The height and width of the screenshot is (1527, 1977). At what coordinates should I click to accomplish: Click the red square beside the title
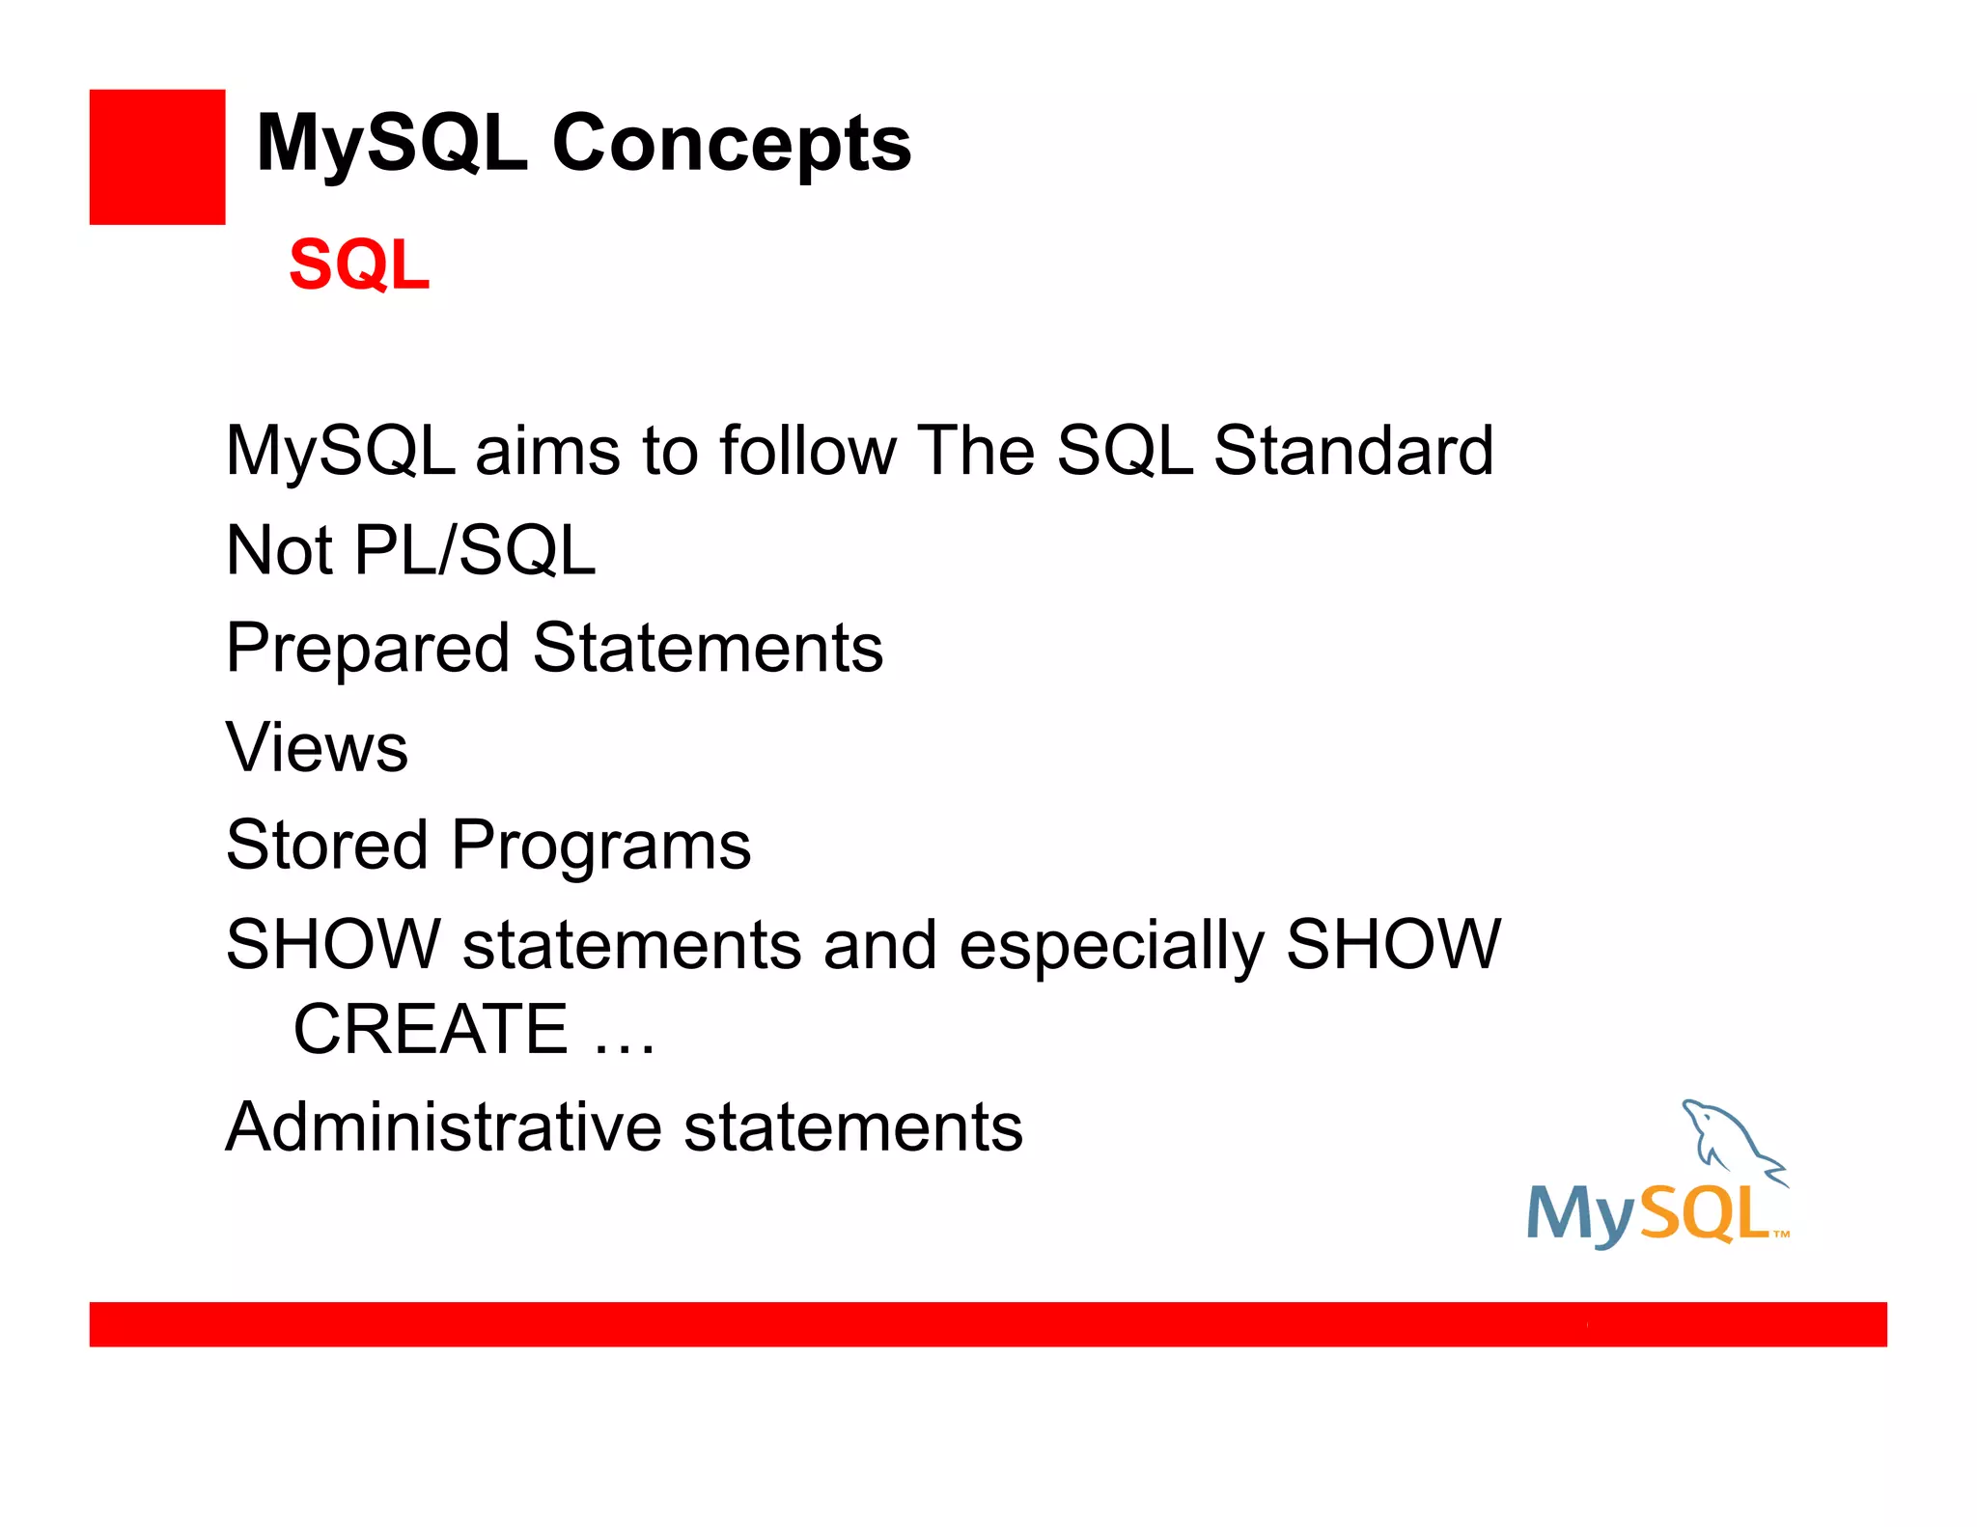tap(157, 157)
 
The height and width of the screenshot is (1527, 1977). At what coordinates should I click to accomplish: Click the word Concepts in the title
tap(731, 144)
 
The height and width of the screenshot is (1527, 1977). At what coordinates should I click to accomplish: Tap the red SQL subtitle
tap(359, 264)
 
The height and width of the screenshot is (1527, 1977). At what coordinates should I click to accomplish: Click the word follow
tap(807, 451)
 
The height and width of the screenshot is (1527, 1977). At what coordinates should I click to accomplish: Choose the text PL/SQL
tap(475, 550)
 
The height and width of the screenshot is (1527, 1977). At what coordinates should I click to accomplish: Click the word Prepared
tap(367, 649)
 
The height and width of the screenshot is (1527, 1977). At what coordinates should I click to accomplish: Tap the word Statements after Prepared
tap(708, 649)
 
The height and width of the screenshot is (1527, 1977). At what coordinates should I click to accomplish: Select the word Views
tap(317, 747)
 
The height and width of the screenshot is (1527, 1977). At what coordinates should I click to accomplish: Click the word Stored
tap(326, 846)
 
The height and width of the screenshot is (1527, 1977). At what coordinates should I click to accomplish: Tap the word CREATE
tap(431, 1029)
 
